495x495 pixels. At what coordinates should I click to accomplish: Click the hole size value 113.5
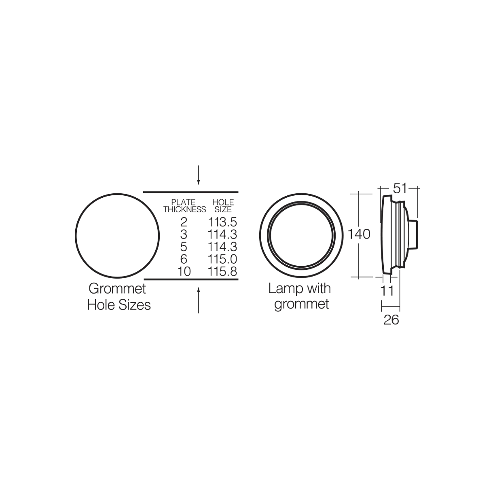(222, 222)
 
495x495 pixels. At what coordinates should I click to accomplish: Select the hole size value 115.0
(222, 259)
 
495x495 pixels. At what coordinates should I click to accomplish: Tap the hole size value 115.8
(222, 271)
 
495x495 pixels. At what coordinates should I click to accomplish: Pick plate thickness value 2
(184, 222)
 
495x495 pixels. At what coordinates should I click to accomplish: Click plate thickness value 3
(184, 235)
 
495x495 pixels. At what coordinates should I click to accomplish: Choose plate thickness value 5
(184, 247)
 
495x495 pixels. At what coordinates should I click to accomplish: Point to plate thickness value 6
(184, 259)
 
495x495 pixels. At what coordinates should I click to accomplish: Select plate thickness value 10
(184, 271)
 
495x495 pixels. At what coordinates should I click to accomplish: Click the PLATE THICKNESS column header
(185, 206)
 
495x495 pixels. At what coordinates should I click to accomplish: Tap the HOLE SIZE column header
(223, 206)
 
